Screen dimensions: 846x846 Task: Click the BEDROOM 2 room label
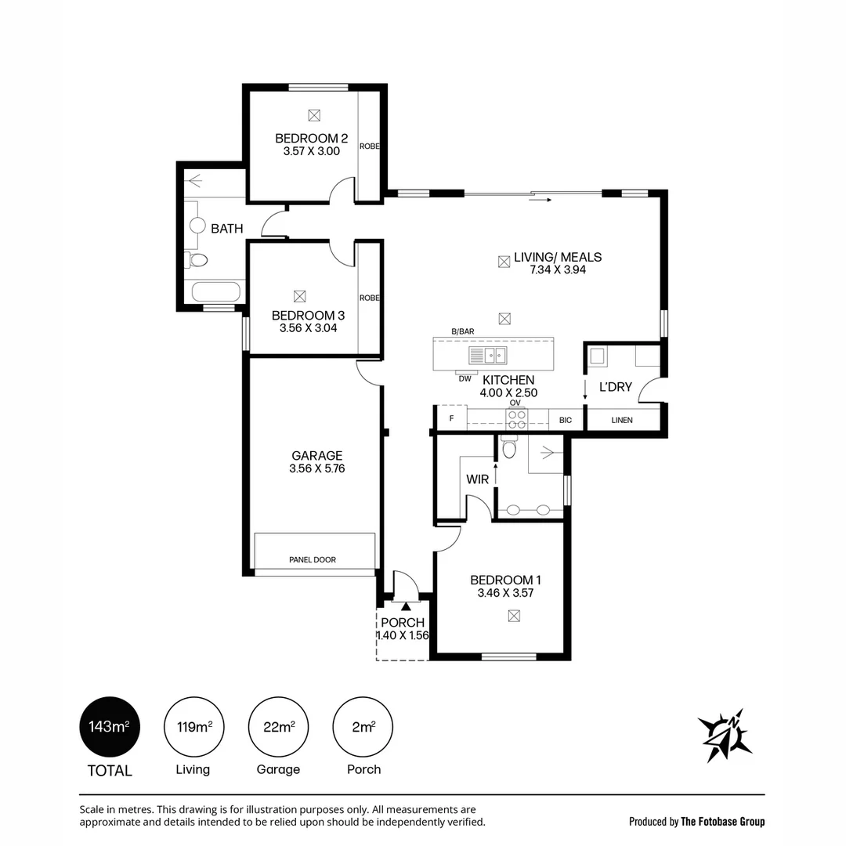tap(311, 139)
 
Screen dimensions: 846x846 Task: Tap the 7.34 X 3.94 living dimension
tap(558, 269)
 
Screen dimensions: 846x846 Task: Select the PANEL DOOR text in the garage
tap(313, 560)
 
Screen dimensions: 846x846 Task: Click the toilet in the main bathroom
tap(197, 260)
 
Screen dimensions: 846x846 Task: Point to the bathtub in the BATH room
tap(216, 292)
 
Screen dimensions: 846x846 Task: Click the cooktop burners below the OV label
tap(517, 419)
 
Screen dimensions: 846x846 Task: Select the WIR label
tap(478, 479)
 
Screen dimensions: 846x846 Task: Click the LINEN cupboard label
tap(622, 421)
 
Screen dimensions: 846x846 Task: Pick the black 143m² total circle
tap(110, 727)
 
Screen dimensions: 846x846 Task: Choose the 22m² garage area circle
tap(278, 727)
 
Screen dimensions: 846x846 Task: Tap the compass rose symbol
tap(725, 735)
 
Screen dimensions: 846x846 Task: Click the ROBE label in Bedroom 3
tap(370, 298)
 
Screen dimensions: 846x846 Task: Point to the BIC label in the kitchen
tap(566, 421)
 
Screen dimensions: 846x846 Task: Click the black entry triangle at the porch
tap(406, 606)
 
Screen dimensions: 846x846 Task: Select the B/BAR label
tap(463, 332)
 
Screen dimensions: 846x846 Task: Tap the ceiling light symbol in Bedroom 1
tap(514, 616)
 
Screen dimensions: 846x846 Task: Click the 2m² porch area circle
tap(363, 727)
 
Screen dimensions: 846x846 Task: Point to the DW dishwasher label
tap(465, 379)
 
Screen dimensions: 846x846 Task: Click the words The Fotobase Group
tap(723, 822)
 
